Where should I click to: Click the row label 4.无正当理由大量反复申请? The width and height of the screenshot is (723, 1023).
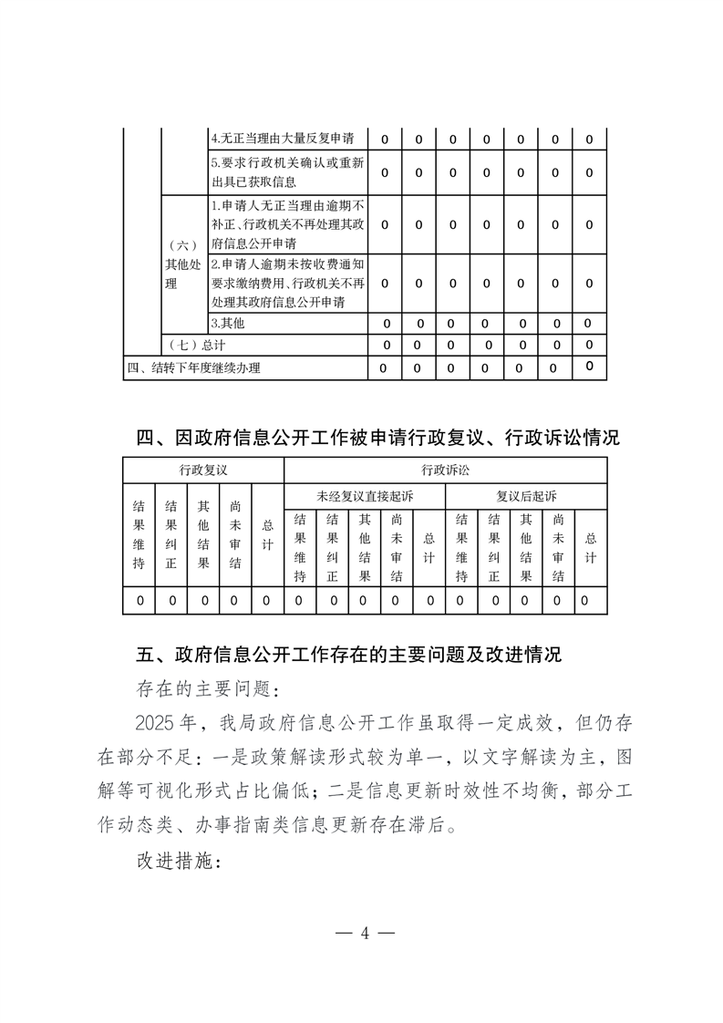pyautogui.click(x=287, y=139)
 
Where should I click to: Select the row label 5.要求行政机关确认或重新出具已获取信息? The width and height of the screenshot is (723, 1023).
pyautogui.click(x=287, y=172)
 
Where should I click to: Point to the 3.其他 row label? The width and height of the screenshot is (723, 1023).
pyautogui.click(x=228, y=323)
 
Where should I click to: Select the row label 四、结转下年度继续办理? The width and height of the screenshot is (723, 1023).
pyautogui.click(x=193, y=368)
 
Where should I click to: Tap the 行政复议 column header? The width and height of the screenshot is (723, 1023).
pyautogui.click(x=203, y=470)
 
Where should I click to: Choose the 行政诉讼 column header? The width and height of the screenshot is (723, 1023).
pyautogui.click(x=445, y=470)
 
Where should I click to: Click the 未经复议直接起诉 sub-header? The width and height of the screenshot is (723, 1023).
pyautogui.click(x=364, y=496)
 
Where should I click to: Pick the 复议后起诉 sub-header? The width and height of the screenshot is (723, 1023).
pyautogui.click(x=526, y=496)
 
